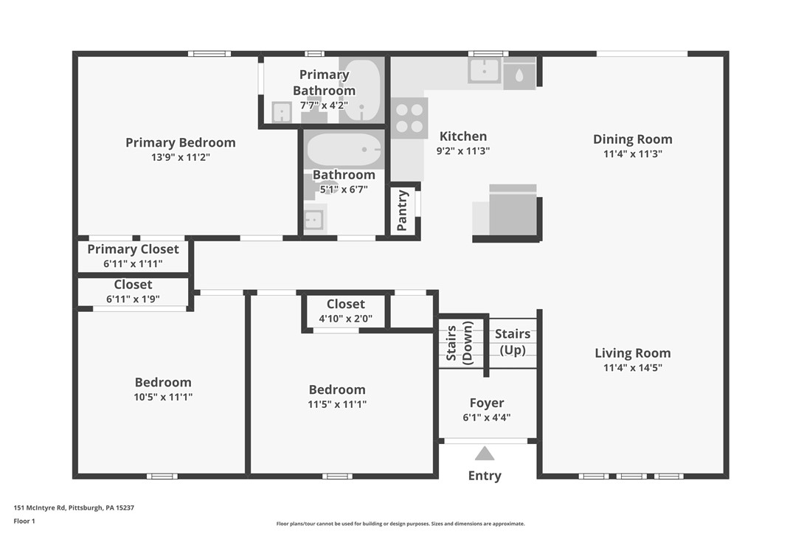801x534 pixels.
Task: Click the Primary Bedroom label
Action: coord(180,142)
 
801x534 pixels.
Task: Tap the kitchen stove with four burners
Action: coord(409,118)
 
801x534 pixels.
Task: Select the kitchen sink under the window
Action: coord(485,72)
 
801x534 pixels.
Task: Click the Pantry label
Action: coord(403,211)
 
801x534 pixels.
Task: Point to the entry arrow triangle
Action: coord(485,453)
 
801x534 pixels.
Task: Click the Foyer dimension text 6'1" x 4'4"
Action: coord(487,417)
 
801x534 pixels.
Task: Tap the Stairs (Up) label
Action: coord(513,341)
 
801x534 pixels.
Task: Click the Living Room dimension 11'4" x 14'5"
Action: coord(633,367)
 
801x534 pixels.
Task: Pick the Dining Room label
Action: coord(633,139)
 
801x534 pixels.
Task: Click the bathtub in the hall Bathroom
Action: coord(344,150)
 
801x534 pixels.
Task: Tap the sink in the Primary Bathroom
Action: coord(282,112)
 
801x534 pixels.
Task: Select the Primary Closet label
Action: coord(133,249)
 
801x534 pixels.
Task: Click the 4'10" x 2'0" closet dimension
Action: coord(345,319)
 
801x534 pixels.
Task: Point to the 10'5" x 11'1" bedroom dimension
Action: coord(163,397)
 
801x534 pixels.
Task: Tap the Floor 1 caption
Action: coord(24,521)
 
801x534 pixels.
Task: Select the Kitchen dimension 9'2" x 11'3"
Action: coord(463,150)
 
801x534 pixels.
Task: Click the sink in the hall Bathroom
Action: coord(314,220)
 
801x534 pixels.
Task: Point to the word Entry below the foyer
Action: coord(485,476)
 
